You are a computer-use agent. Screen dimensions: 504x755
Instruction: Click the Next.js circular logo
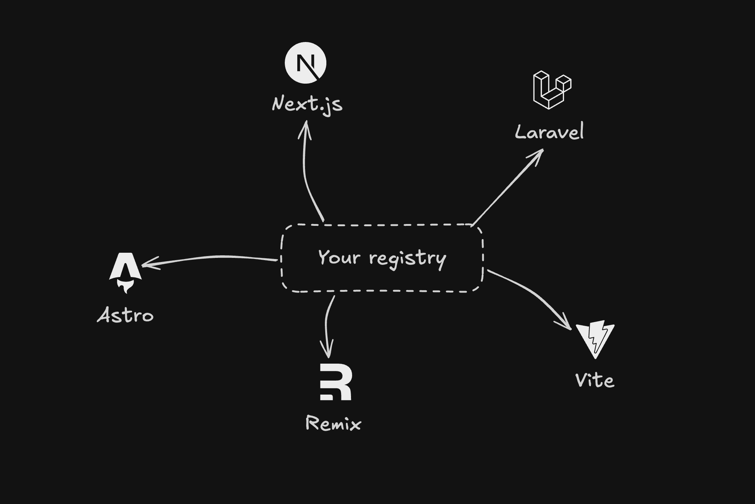click(x=305, y=63)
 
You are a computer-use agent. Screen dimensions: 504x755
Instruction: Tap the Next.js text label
click(x=307, y=104)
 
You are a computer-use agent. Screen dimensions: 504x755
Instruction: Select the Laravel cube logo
click(x=552, y=90)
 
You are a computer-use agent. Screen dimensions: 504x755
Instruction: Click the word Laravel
click(x=549, y=132)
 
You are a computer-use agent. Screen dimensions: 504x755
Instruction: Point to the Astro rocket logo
click(x=125, y=267)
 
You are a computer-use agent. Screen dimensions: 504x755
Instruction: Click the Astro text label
click(x=125, y=316)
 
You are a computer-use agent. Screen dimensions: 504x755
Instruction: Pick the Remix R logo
click(x=336, y=382)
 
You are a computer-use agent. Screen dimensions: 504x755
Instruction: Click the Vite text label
click(x=595, y=381)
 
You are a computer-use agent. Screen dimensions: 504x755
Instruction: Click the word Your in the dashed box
click(x=339, y=257)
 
